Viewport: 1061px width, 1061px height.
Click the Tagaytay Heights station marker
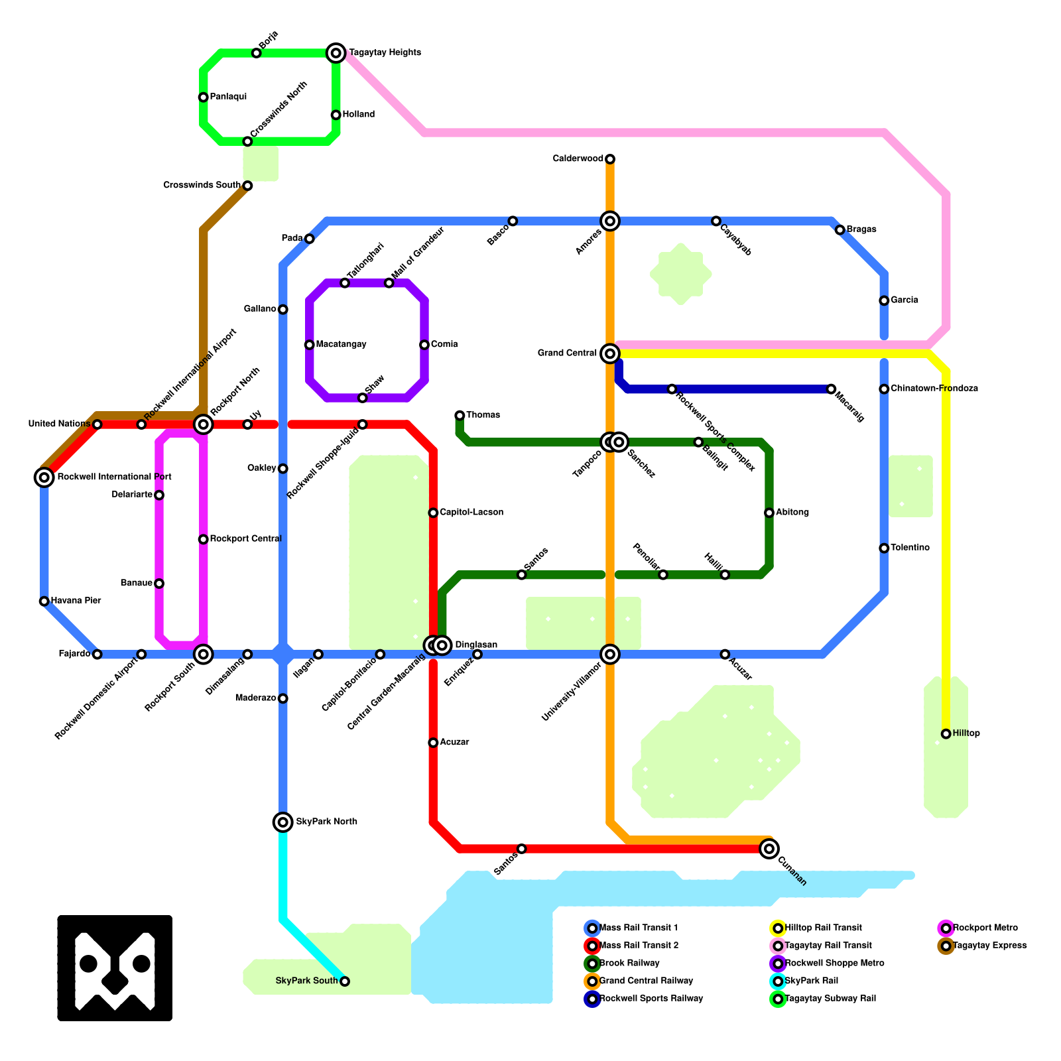tap(336, 52)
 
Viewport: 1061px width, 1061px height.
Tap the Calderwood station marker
tap(610, 158)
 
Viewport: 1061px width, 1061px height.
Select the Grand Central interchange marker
tap(610, 353)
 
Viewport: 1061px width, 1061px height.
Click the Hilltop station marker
tap(946, 733)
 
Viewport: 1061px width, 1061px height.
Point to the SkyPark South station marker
tap(345, 981)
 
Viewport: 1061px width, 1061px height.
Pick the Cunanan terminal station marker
tap(769, 848)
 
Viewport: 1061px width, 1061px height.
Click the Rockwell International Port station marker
tap(44, 477)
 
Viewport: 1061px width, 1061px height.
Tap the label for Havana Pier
tap(76, 601)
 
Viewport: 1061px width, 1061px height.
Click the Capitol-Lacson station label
tap(471, 513)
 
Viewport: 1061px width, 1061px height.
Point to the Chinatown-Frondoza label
tap(934, 389)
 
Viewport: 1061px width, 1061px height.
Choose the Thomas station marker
tap(460, 415)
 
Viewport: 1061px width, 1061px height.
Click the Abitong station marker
tap(769, 513)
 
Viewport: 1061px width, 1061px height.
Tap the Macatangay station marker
tap(310, 345)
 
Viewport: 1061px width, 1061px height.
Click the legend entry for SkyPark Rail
tap(811, 981)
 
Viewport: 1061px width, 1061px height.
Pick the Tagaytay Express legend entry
tap(989, 946)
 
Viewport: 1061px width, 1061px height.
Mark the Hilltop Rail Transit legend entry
tap(822, 928)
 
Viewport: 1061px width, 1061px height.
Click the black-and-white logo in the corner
tap(115, 967)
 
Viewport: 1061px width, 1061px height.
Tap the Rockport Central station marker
tap(204, 539)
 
